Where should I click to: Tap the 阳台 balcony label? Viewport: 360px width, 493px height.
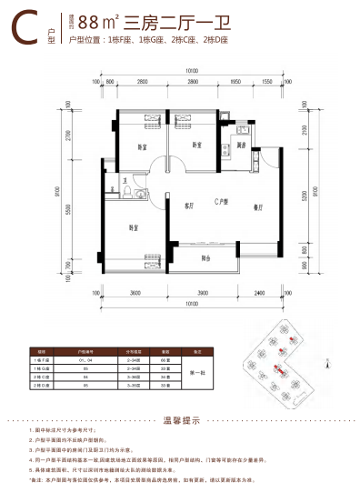click(205, 258)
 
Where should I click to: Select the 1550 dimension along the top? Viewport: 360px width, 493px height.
click(266, 82)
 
